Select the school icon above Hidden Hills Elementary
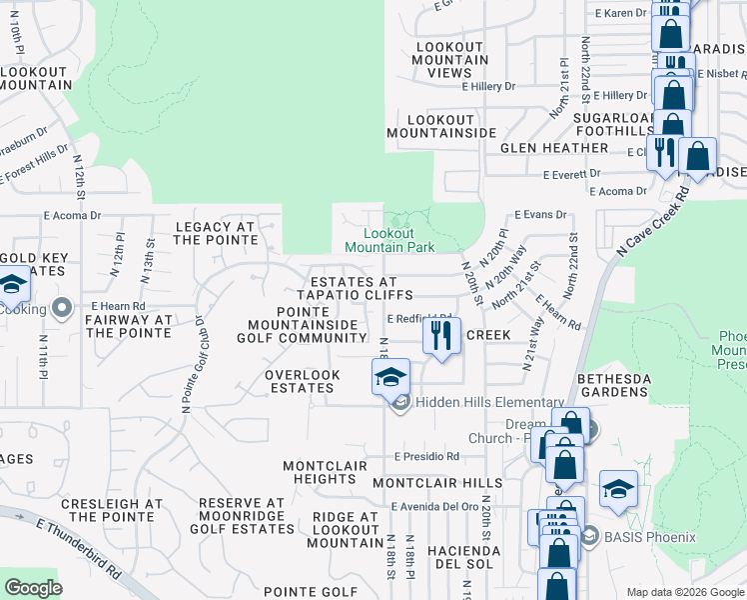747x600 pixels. pos(390,378)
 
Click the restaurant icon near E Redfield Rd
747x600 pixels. pos(442,337)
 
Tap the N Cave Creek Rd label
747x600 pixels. pos(653,223)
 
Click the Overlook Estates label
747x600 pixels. pos(303,381)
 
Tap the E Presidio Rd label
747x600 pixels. pos(426,456)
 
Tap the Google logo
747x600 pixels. pos(32,587)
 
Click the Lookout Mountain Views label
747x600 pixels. pos(449,60)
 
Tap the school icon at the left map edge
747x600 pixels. pos(12,286)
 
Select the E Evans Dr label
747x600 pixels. pos(540,214)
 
